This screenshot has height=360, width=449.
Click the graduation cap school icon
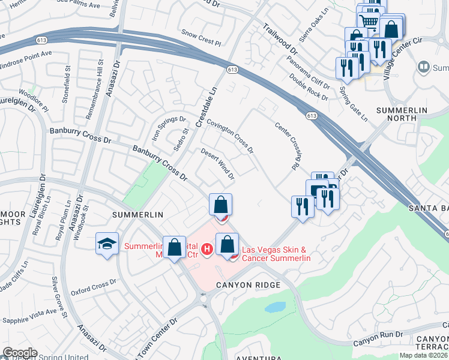(x=106, y=244)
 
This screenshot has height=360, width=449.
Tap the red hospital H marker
(x=207, y=248)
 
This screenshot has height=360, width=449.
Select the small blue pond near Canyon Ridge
(x=275, y=307)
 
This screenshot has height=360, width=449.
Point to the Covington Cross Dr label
(x=231, y=134)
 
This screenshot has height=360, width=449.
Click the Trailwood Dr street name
(x=280, y=38)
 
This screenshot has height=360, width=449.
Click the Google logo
(x=20, y=353)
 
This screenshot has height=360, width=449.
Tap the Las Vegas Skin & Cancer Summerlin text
(x=276, y=254)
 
